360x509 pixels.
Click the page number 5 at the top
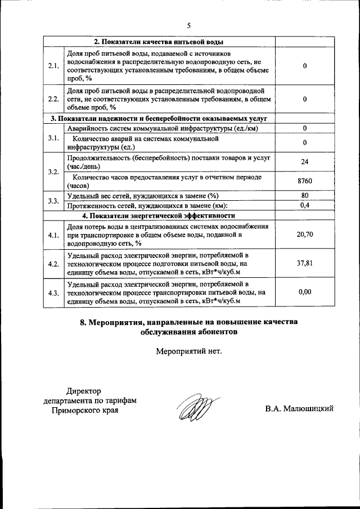pyautogui.click(x=189, y=25)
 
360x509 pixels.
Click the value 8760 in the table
pyautogui.click(x=304, y=181)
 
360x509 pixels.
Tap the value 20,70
pyautogui.click(x=304, y=235)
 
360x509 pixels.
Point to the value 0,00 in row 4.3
pyautogui.click(x=304, y=292)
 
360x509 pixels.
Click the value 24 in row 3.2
pyautogui.click(x=304, y=162)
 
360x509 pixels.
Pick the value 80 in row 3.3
pyautogui.click(x=304, y=195)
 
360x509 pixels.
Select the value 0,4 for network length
pyautogui.click(x=304, y=205)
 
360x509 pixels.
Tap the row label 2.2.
pyautogui.click(x=54, y=99)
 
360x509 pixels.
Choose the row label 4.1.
pyautogui.click(x=54, y=235)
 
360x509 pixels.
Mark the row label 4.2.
pyautogui.click(x=54, y=263)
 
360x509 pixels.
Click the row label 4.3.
pyautogui.click(x=54, y=292)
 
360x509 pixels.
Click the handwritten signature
pyautogui.click(x=192, y=409)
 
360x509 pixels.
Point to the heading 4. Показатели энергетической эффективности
pyautogui.click(x=158, y=215)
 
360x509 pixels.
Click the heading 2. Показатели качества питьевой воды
pyautogui.click(x=158, y=42)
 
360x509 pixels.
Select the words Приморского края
pyautogui.click(x=85, y=410)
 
